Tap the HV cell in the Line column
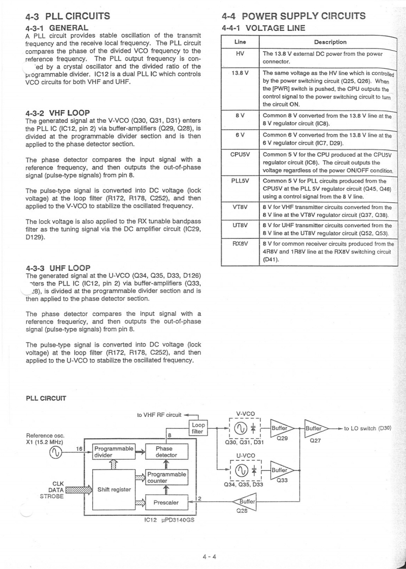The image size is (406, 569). click(241, 53)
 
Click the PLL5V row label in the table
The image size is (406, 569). click(241, 181)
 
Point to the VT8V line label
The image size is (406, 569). click(241, 206)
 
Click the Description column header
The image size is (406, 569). click(330, 42)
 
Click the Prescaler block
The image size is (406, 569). click(166, 503)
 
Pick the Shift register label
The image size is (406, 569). click(115, 489)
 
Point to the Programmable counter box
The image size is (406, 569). click(167, 477)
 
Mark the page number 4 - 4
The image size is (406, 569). click(209, 556)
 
